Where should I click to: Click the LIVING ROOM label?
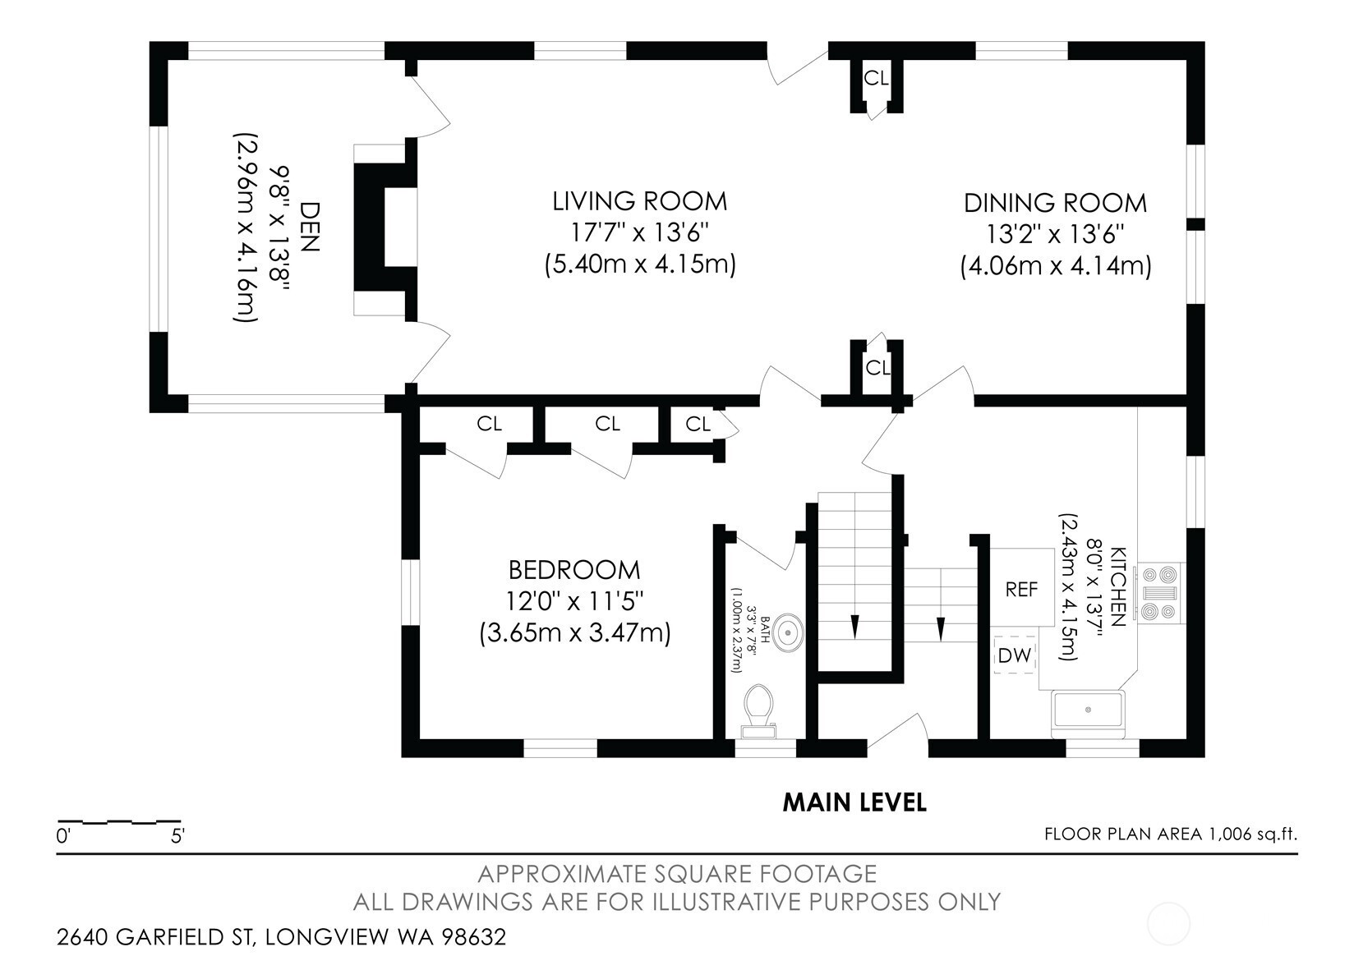pos(639,201)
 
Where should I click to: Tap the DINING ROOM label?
pos(1055,203)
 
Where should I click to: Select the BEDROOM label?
pos(574,570)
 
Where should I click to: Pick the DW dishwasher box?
pos(1015,655)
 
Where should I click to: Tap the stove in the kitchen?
pos(1160,593)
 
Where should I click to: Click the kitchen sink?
pos(1088,714)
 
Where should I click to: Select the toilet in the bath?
pos(758,711)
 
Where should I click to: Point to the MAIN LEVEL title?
pos(854,802)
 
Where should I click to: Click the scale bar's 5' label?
pos(177,836)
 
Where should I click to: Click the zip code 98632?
pos(473,936)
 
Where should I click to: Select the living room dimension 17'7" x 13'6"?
pos(639,232)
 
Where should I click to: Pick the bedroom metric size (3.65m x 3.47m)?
pos(575,633)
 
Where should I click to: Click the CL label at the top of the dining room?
pos(877,78)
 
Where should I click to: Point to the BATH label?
pos(765,630)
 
